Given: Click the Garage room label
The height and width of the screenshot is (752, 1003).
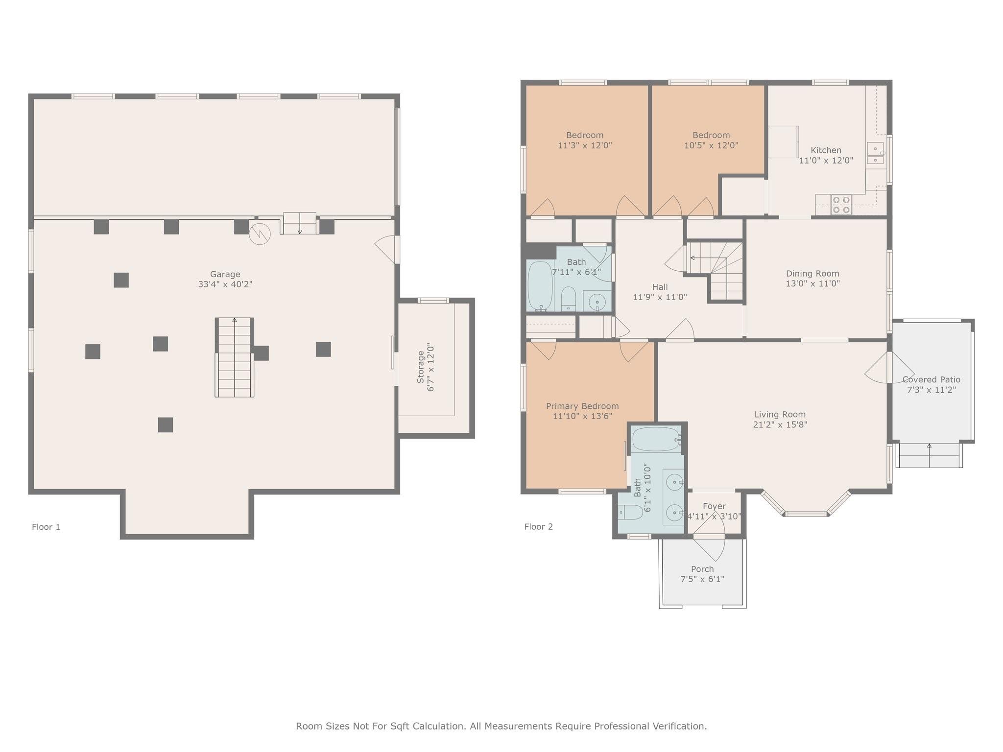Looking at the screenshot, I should pos(225,275).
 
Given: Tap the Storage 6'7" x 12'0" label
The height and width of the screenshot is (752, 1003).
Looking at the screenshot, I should pos(425,367).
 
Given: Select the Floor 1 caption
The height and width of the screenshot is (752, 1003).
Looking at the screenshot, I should pos(46,527).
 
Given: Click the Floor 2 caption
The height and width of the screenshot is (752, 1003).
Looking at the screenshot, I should pos(538,527).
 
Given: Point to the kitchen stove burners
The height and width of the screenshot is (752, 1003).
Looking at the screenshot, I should pos(841,205).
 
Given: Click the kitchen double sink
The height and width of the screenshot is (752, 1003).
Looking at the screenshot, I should pos(875,153).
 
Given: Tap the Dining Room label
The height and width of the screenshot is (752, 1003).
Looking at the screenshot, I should pos(812,274).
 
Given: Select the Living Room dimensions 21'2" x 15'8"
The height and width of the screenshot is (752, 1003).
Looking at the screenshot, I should pos(780,424).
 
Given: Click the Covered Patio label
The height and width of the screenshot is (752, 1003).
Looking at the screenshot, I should pos(931,379).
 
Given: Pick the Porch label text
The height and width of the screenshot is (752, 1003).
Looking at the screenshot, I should pos(702,569).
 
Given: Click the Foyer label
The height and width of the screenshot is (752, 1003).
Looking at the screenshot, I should pos(714,506).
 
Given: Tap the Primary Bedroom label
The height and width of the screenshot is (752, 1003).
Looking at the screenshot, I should pos(582,406).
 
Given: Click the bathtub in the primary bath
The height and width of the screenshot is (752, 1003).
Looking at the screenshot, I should pos(656,439).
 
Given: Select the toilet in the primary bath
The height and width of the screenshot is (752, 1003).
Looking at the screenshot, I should pos(630,513).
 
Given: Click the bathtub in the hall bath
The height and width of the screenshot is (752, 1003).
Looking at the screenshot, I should pos(540,286).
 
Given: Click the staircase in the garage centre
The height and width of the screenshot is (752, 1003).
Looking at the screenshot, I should pos(235,357).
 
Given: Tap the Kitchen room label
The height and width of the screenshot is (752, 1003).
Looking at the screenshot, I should pos(826,150).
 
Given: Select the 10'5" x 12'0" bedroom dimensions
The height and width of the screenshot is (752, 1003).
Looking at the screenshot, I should pos(711,145).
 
